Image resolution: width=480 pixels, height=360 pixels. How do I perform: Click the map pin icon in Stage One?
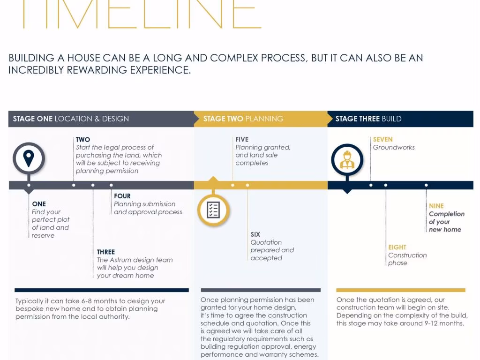tap(29, 158)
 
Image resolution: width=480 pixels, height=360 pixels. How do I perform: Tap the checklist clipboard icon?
tap(213, 210)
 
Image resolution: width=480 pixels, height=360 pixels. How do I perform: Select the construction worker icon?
tap(347, 159)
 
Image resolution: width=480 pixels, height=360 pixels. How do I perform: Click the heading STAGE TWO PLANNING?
tap(243, 119)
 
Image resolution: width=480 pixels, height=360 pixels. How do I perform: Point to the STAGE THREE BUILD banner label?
tap(368, 119)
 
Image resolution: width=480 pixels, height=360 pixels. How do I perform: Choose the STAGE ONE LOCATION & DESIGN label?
tap(71, 119)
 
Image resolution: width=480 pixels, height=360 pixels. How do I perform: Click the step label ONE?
tap(39, 204)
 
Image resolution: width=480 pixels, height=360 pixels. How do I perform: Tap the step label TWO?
tap(83, 140)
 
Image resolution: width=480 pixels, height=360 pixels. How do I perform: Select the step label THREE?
tap(106, 252)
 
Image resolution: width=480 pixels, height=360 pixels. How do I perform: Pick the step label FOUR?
tap(122, 196)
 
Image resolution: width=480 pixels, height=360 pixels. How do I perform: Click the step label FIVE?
tap(242, 140)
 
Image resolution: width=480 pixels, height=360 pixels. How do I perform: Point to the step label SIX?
tap(255, 234)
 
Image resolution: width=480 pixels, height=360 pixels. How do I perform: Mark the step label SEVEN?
tap(382, 140)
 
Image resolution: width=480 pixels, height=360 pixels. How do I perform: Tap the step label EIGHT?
tap(397, 247)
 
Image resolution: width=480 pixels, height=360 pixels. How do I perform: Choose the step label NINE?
tap(436, 206)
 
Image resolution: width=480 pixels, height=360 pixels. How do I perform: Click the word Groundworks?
tap(394, 148)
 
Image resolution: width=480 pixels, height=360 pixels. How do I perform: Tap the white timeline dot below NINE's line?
tap(426, 185)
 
